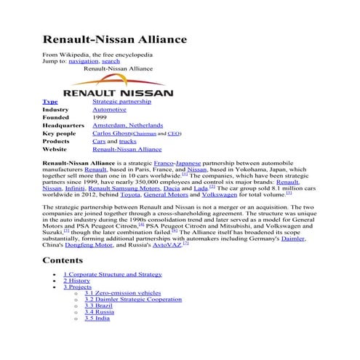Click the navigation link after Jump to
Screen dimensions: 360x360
84,62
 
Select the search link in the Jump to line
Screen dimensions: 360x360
111,62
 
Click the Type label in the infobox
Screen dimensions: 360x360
50,102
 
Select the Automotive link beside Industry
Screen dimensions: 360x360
109,110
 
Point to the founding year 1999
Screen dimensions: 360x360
100,118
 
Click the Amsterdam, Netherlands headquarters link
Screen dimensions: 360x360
128,126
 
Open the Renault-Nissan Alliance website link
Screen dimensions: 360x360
127,150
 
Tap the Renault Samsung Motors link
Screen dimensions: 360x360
124,188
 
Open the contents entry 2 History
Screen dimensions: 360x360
76,280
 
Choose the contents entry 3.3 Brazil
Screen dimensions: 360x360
100,305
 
